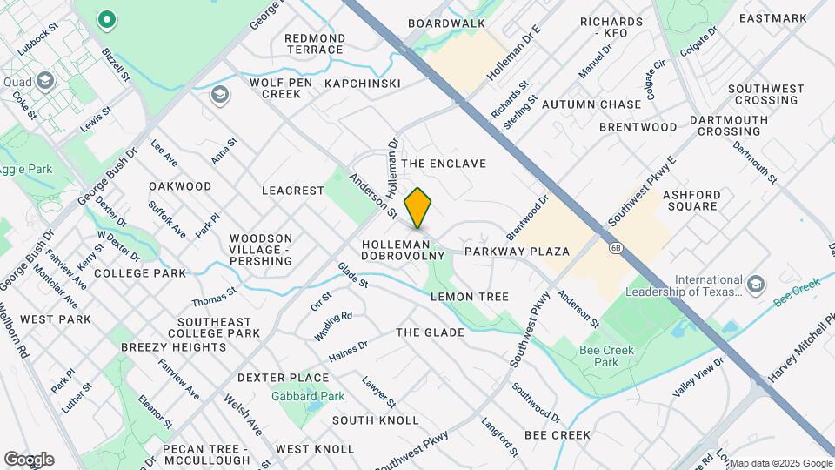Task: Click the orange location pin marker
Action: click(x=418, y=208)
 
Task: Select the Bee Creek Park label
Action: click(x=607, y=356)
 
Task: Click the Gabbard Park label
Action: click(x=320, y=396)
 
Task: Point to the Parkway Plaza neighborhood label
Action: click(x=517, y=252)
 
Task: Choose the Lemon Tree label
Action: click(x=470, y=297)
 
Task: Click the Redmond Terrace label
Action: click(x=314, y=44)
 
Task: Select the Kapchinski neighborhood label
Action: click(x=362, y=84)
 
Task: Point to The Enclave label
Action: click(x=444, y=164)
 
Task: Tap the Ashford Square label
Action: click(x=691, y=200)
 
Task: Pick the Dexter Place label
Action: click(x=284, y=378)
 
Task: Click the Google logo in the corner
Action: click(x=29, y=459)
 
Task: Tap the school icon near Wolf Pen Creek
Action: click(x=219, y=93)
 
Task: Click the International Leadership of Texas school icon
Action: click(x=755, y=284)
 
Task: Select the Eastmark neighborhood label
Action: click(x=772, y=18)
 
